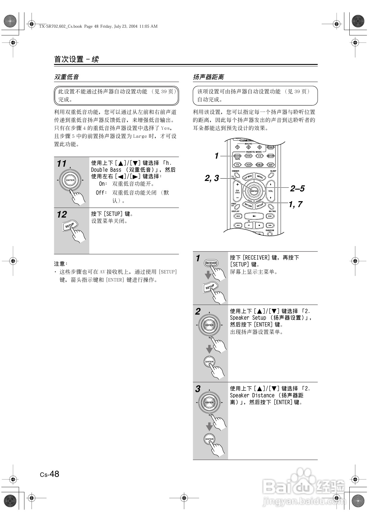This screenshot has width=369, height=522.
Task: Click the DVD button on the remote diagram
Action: coord(248,156)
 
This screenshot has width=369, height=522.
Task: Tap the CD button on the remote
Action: coord(259,156)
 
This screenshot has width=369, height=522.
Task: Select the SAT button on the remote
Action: coord(271,165)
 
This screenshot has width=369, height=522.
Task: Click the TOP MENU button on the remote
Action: coord(248,177)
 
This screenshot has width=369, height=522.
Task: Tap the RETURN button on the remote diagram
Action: coord(248,205)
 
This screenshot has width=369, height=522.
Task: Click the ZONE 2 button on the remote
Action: coord(270,147)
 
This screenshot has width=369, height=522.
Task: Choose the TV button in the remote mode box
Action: coord(237,165)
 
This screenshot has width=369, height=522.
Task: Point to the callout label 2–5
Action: coord(297,188)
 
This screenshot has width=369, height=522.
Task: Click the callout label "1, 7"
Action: coord(295,204)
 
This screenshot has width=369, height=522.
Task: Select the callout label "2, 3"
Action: coord(212,178)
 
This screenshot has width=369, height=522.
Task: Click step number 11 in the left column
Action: coord(62,163)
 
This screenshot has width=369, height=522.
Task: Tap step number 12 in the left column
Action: coord(62,214)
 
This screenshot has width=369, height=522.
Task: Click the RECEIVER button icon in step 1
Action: coord(211,263)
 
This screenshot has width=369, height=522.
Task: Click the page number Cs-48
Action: coord(50,474)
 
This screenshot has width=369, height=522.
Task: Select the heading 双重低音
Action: coord(66,77)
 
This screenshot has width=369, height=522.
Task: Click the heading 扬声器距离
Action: coord(208,77)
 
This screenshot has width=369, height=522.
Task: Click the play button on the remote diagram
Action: coord(254,216)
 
